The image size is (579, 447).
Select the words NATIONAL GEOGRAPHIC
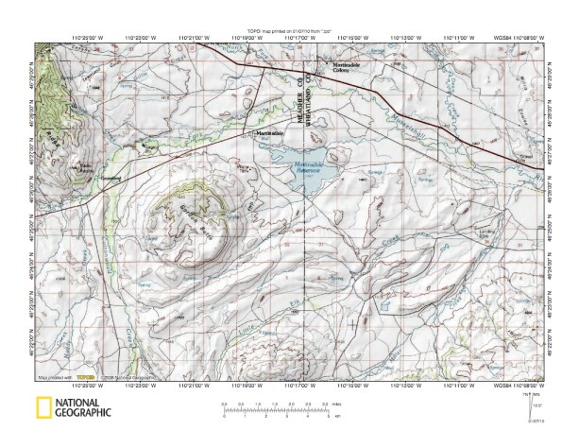pos(83,408)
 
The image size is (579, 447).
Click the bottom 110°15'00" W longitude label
pos(351,384)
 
